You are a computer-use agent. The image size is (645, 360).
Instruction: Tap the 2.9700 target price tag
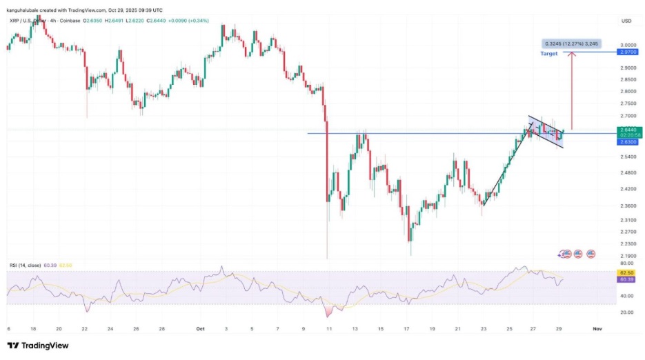628,52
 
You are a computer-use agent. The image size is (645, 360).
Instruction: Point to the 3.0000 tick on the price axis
628,44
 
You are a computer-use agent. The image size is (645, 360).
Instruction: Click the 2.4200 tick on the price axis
628,189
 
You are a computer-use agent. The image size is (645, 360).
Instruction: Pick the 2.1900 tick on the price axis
628,254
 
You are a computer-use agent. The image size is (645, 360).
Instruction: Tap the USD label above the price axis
626,21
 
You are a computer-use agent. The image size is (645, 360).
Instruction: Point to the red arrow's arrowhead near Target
573,55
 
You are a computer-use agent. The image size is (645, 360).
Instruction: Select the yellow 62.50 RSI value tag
628,273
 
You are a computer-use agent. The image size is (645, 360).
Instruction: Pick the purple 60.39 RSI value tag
628,279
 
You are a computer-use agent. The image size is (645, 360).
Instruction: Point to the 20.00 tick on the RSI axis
626,312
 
